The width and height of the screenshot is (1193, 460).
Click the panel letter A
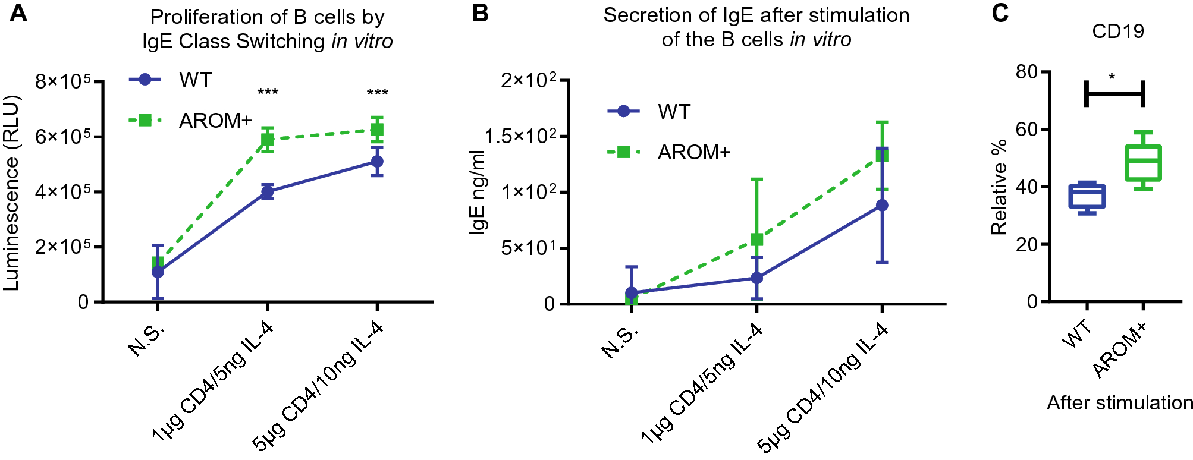(18, 13)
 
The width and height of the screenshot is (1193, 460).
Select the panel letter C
(1000, 13)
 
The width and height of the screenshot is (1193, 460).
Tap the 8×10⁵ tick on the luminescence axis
(62, 81)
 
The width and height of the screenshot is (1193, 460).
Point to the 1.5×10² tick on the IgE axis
(520, 136)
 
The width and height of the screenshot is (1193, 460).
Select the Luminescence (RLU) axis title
(12, 193)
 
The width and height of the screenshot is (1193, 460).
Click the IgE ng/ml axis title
(478, 192)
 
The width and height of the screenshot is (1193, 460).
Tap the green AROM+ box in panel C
(1143, 162)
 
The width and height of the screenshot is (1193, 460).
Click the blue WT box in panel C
(1087, 197)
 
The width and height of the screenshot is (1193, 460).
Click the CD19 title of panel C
(1117, 31)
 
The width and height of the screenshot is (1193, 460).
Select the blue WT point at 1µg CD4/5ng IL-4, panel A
(267, 192)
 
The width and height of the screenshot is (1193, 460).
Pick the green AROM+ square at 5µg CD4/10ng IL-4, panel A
(376, 130)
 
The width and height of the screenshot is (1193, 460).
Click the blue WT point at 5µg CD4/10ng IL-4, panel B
(881, 205)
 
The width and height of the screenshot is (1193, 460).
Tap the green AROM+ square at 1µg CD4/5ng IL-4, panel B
(756, 240)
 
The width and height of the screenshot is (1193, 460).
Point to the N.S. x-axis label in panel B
(619, 342)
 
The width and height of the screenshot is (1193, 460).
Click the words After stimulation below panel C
(1119, 403)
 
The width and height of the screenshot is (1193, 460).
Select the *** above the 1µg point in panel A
(268, 93)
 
